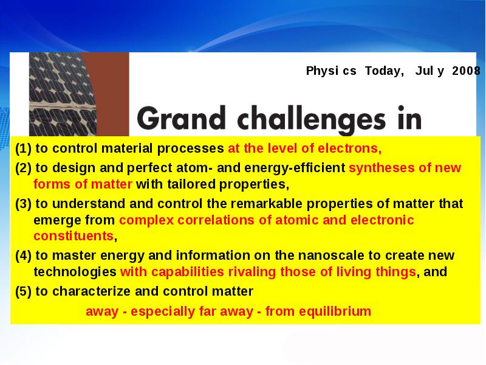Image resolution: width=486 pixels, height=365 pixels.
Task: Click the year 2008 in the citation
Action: click(x=466, y=71)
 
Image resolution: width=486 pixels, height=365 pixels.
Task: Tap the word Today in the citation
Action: click(x=385, y=71)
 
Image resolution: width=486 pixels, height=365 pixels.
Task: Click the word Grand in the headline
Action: click(x=181, y=118)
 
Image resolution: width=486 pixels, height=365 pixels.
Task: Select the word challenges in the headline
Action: click(x=312, y=119)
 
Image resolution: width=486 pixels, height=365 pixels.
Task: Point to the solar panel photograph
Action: click(x=63, y=94)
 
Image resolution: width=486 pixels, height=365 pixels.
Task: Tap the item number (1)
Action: click(x=23, y=148)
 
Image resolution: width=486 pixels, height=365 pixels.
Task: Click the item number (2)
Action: click(x=23, y=168)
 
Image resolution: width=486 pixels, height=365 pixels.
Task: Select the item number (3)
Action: click(x=23, y=204)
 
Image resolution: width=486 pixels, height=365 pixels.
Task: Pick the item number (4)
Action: click(x=23, y=255)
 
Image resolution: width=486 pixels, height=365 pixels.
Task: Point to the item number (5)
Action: click(x=23, y=292)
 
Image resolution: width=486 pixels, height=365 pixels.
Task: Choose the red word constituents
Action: click(x=74, y=236)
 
